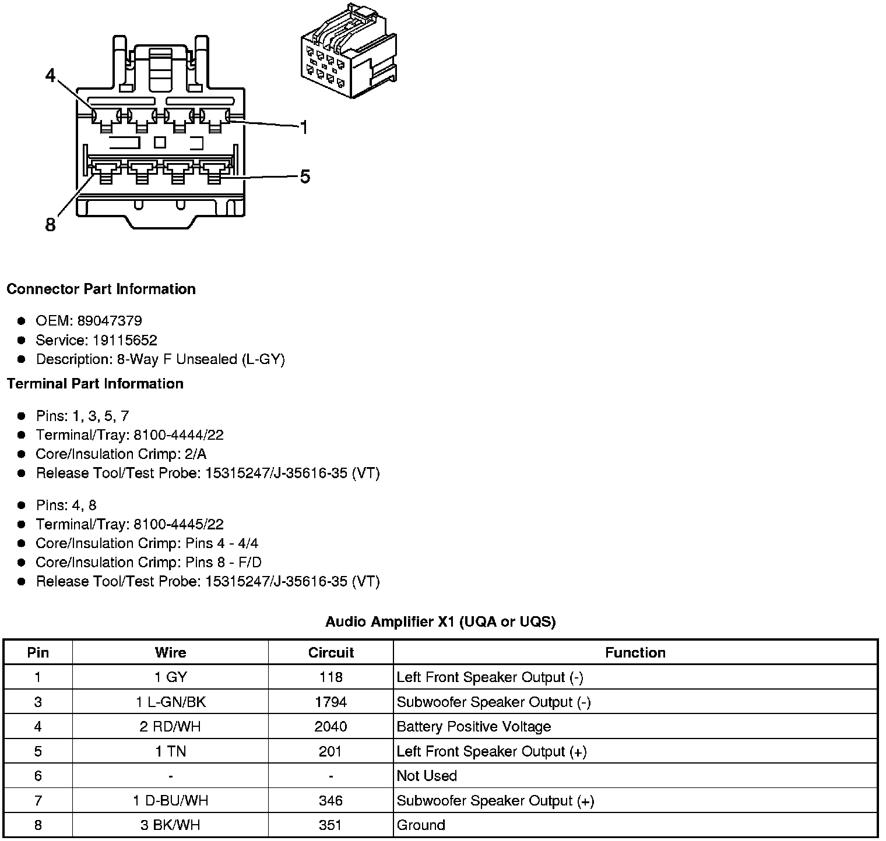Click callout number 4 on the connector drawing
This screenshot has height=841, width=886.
[x=51, y=76]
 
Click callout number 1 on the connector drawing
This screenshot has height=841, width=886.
[x=304, y=127]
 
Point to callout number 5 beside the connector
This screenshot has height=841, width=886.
[x=305, y=176]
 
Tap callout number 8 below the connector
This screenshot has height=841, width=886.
[x=51, y=225]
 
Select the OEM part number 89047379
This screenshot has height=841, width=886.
[x=110, y=321]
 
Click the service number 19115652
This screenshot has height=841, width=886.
[x=125, y=340]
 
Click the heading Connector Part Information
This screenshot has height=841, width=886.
[x=101, y=289]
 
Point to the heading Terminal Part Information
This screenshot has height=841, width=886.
[x=95, y=384]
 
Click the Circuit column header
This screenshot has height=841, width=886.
[x=331, y=653]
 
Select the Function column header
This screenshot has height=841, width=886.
[x=635, y=653]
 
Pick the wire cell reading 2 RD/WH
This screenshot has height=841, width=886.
[x=170, y=727]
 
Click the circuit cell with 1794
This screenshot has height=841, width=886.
[x=331, y=702]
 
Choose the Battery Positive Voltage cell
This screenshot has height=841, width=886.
[x=473, y=727]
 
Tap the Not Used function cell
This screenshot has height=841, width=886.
[x=427, y=776]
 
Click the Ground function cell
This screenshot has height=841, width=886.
[x=421, y=825]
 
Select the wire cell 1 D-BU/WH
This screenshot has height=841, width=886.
[x=170, y=801]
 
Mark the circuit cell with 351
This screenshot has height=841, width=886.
[x=331, y=825]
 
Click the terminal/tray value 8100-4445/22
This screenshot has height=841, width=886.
[x=178, y=525]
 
